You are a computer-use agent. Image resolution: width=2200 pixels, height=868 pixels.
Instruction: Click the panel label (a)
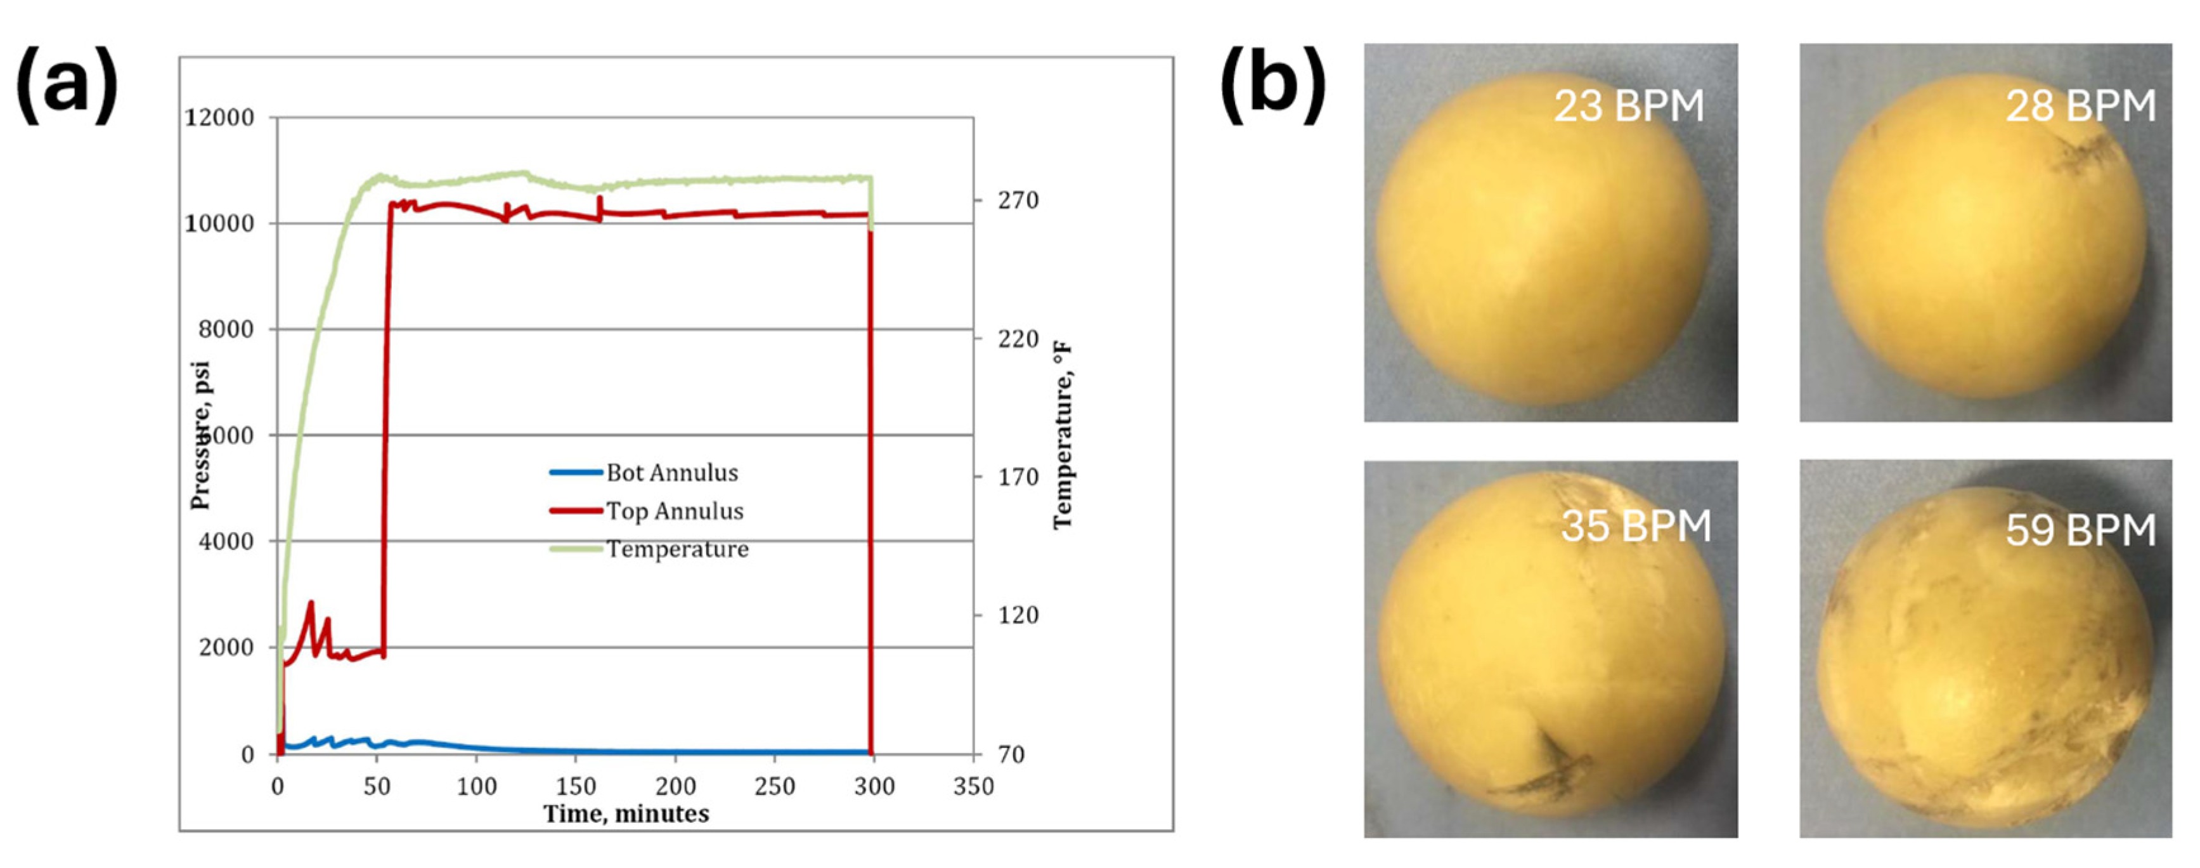coord(67,86)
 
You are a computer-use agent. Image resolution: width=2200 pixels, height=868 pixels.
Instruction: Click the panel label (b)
coord(1272,86)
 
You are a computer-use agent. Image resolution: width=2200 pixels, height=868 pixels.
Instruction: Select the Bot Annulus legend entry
coord(671,473)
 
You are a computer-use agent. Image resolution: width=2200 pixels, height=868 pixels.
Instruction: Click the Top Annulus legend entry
coord(674,511)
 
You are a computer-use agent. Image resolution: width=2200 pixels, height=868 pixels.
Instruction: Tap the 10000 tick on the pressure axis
coord(219,224)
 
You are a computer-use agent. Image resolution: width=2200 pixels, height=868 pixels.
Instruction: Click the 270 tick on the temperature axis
coord(1018,200)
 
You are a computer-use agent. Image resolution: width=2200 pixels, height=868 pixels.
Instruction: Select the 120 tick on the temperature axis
coord(1018,615)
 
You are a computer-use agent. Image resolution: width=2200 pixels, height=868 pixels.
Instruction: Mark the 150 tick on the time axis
coord(576,786)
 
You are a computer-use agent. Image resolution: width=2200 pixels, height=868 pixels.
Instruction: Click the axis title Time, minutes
coord(626,813)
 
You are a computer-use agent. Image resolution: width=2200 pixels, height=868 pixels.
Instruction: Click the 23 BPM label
coord(1627,107)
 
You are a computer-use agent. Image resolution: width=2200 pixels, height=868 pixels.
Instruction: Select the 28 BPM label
coord(2080,107)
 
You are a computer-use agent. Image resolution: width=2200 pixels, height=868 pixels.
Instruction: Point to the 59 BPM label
coord(2080,530)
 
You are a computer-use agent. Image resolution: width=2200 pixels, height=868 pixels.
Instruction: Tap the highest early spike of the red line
coord(311,603)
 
